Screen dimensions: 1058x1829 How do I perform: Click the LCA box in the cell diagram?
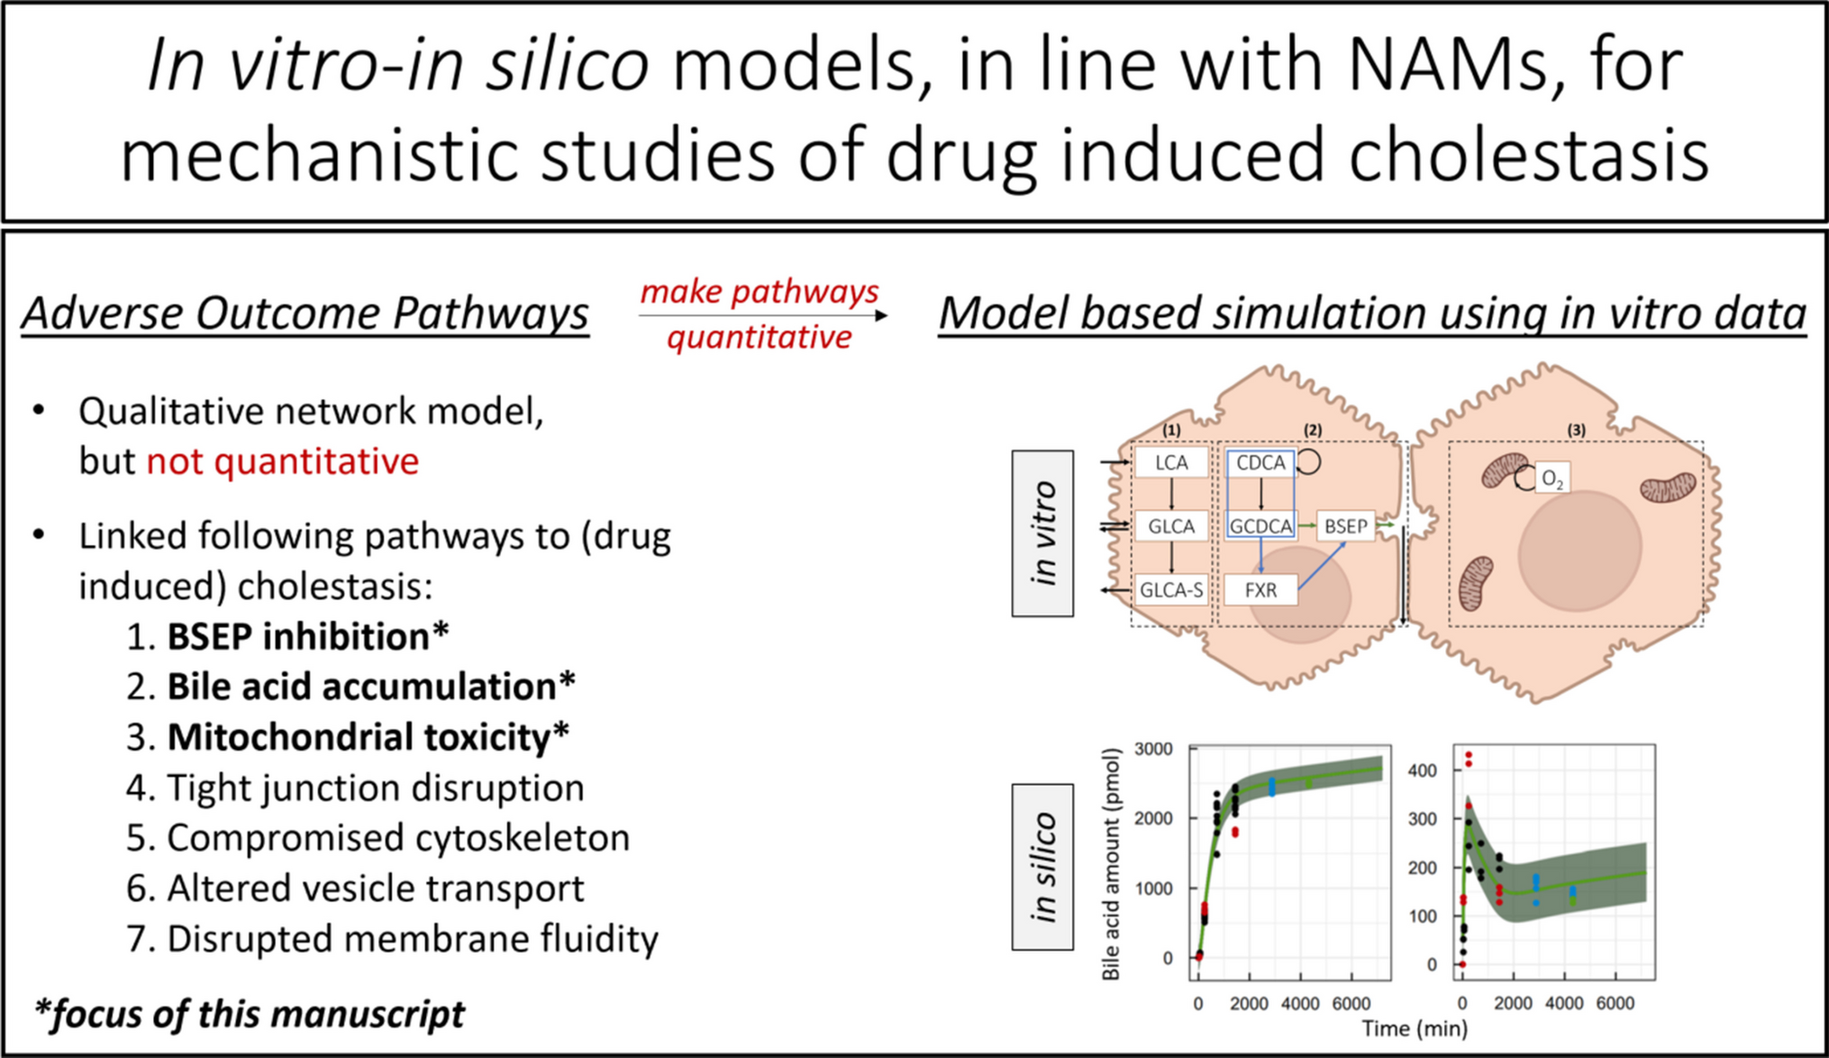pos(1171,463)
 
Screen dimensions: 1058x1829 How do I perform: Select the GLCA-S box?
pos(1170,590)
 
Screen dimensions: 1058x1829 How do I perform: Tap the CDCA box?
pos(1260,463)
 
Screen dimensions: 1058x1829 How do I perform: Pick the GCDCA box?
pos(1260,526)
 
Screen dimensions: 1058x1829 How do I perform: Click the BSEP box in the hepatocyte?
pos(1345,526)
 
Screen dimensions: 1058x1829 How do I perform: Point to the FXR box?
pos(1260,590)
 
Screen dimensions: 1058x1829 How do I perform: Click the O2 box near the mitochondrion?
pos(1551,479)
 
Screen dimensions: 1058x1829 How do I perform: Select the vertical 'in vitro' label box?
pos(1042,534)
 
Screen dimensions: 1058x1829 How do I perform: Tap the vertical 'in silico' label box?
pos(1042,867)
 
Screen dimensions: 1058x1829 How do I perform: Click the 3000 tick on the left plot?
pos(1153,749)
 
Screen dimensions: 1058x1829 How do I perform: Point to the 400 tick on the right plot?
pos(1422,771)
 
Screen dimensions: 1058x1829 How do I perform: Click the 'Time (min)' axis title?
pos(1414,1028)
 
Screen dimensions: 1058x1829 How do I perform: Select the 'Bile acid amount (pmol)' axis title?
pos(1111,864)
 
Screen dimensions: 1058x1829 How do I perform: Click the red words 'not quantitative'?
pos(282,461)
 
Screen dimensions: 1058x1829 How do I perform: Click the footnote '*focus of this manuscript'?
pos(249,1014)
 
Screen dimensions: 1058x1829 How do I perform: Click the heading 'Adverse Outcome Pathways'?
pos(305,314)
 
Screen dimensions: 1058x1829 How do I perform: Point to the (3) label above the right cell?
pos(1576,430)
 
